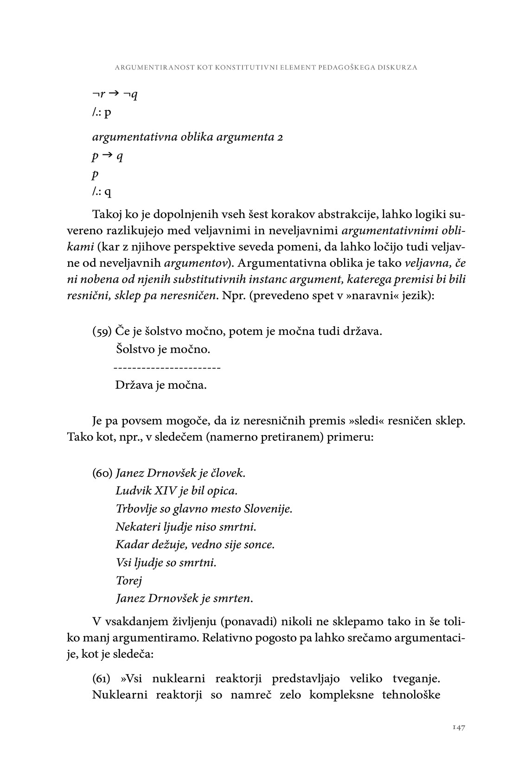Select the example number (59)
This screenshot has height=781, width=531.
[102, 332]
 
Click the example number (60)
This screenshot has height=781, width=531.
[102, 474]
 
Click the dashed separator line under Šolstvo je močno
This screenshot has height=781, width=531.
[167, 368]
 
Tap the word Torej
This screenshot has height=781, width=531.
[128, 581]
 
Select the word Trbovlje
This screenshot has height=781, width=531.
[135, 509]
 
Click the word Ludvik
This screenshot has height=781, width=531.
[130, 491]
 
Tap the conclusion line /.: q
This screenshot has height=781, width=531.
[102, 192]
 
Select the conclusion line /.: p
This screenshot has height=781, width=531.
[102, 113]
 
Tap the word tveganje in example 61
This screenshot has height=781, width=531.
[416, 679]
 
